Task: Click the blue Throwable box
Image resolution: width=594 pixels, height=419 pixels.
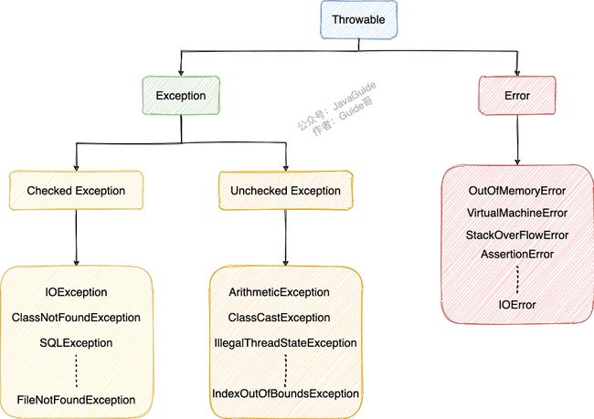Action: tap(359, 20)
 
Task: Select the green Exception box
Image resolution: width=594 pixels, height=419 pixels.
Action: tap(181, 95)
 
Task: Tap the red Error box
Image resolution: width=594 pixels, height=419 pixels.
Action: tap(517, 95)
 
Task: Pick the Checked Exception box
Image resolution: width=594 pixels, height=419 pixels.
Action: tap(76, 191)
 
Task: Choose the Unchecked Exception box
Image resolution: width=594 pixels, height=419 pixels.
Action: tap(286, 191)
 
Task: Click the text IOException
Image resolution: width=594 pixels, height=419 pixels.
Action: tap(76, 292)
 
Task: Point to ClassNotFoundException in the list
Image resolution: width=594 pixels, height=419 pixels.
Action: tap(76, 318)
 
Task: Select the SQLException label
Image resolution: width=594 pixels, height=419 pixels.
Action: tap(76, 343)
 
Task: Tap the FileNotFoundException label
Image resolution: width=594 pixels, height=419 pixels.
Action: tap(76, 400)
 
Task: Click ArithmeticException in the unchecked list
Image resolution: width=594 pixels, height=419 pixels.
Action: tap(280, 292)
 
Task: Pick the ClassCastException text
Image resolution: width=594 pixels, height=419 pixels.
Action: tap(280, 318)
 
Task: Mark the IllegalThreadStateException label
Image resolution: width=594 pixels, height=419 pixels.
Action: tap(286, 343)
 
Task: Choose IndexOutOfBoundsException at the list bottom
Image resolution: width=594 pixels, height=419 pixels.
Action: tap(286, 393)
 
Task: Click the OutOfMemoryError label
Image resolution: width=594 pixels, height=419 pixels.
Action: tap(517, 191)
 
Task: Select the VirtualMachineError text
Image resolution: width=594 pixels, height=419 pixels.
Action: tap(517, 213)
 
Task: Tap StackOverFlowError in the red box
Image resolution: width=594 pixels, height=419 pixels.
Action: tap(517, 235)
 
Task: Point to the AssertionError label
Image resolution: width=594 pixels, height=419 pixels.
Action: tap(517, 254)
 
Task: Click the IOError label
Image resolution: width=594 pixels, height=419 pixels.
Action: tap(517, 305)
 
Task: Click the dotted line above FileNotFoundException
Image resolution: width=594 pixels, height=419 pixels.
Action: tap(76, 371)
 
